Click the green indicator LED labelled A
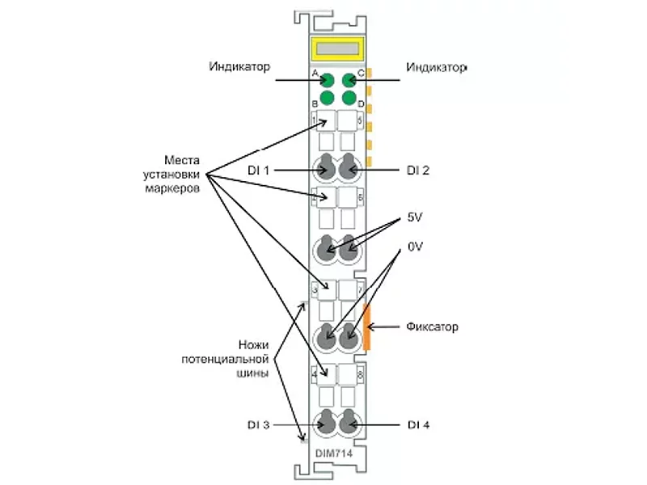coord(328,80)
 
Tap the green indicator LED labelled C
coord(349,80)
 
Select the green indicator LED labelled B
coord(328,98)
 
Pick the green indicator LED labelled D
coord(349,98)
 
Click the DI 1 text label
coord(258,170)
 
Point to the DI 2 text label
coord(418,170)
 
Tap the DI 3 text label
coord(258,425)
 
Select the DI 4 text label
coord(418,425)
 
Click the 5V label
coord(415,217)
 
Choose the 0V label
coord(415,247)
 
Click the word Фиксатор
coord(432,327)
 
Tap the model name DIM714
coord(334,453)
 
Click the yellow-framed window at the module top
coord(337,49)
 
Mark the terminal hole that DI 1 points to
coord(326,167)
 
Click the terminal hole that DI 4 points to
coord(349,423)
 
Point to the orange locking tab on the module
coord(366,327)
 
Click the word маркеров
coord(172,188)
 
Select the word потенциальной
coord(226,359)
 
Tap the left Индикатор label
coord(239,66)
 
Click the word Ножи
coord(253,344)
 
